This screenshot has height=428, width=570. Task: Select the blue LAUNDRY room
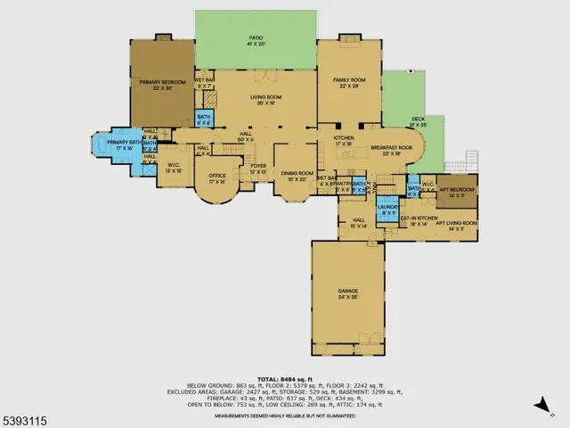pyautogui.click(x=387, y=210)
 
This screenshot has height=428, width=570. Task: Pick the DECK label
pyautogui.click(x=418, y=120)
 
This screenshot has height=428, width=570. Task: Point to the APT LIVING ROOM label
pyautogui.click(x=456, y=225)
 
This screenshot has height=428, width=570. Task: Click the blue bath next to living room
pyautogui.click(x=205, y=119)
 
